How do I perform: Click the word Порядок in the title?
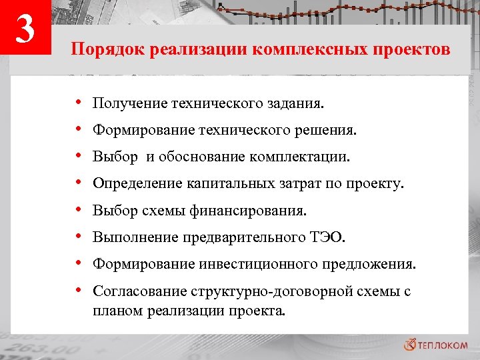coord(102,50)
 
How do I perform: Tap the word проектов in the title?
coord(413,50)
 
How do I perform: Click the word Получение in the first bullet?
coord(129,104)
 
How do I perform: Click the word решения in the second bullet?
coord(329,131)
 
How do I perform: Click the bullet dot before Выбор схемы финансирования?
coord(79,211)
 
